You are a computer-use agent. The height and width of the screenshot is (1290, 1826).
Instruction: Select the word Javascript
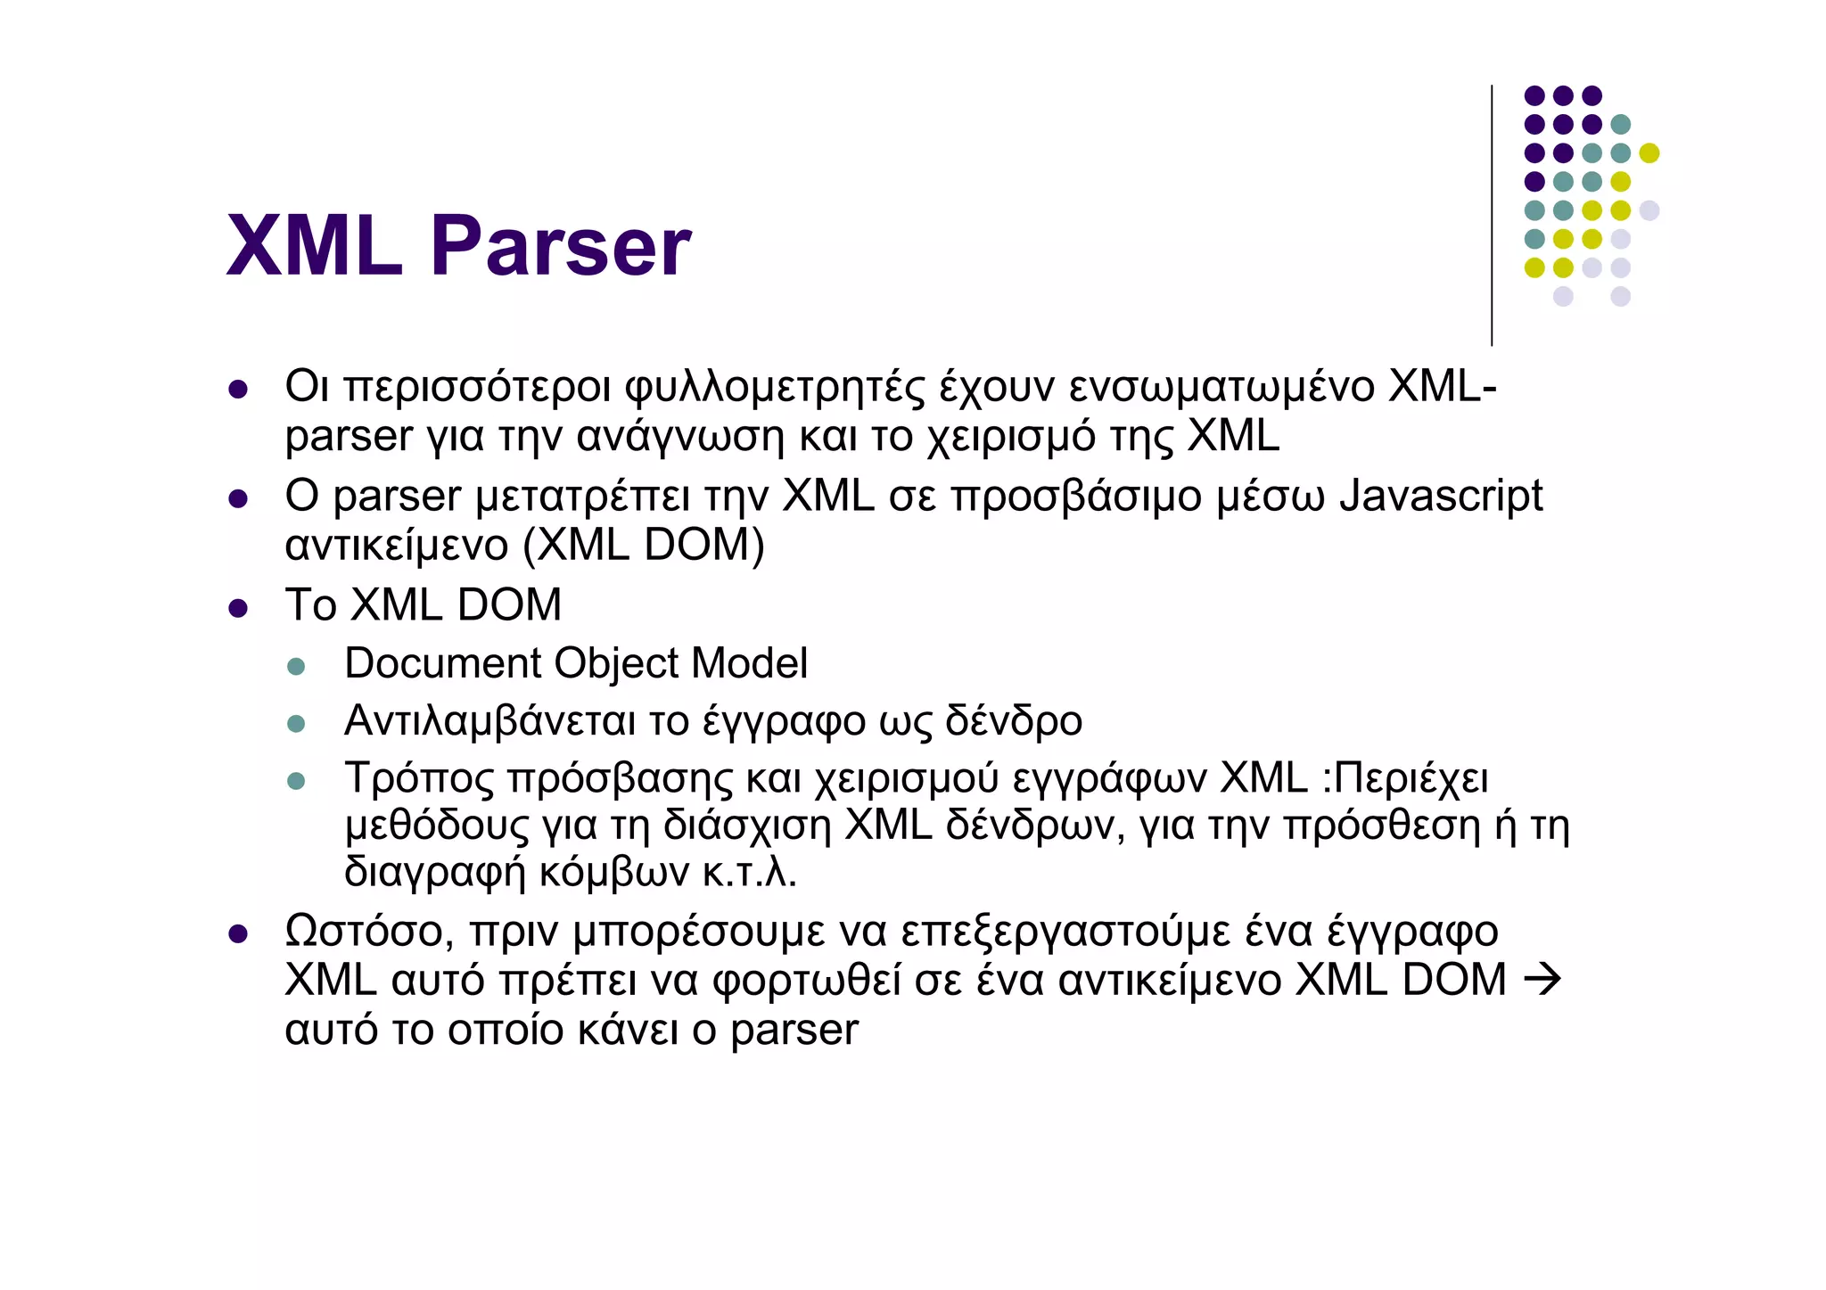[x=1441, y=496]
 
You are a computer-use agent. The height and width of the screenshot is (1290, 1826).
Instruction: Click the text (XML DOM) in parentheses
[x=643, y=545]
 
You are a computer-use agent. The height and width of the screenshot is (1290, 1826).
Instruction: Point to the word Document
[x=443, y=663]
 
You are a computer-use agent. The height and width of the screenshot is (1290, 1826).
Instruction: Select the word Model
[x=749, y=663]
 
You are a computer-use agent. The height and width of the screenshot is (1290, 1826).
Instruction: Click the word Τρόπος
[x=418, y=777]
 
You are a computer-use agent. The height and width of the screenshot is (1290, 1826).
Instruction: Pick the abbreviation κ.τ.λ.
[x=749, y=872]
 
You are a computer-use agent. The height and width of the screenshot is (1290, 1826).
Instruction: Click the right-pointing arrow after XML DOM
[x=1542, y=980]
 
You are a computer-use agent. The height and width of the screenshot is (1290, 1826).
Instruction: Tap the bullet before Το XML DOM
[x=237, y=608]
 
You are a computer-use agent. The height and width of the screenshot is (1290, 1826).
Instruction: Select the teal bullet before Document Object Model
[x=296, y=666]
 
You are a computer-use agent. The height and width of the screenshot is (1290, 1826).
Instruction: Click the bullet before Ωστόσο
[x=237, y=933]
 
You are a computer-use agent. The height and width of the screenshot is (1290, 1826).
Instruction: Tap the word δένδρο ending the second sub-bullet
[x=1014, y=720]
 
